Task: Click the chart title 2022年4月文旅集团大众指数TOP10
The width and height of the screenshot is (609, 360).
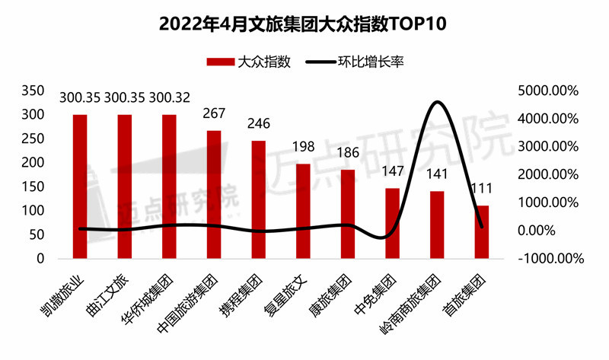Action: [304, 24]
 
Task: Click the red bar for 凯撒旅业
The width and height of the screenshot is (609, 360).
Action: [80, 186]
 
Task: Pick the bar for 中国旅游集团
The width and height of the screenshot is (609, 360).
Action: [214, 195]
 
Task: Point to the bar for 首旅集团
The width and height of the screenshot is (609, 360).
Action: [482, 232]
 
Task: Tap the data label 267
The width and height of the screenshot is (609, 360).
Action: [214, 114]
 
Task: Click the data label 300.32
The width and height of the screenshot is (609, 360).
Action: [170, 98]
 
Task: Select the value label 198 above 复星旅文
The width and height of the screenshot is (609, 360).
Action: [303, 147]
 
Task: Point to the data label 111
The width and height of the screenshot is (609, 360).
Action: [482, 189]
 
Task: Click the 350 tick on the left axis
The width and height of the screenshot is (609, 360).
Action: [34, 91]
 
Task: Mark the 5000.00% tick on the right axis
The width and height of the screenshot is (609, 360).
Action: [546, 91]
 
